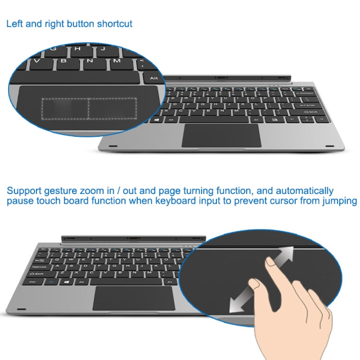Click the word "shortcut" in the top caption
pyautogui.click(x=114, y=24)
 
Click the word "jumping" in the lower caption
pyautogui.click(x=337, y=201)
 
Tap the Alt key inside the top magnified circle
pyautogui.click(x=154, y=78)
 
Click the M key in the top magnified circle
pyautogui.click(x=117, y=61)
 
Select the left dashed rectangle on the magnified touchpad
pyautogui.click(x=65, y=109)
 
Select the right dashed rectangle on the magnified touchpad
pyautogui.click(x=112, y=109)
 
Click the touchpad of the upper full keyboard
pyautogui.click(x=221, y=135)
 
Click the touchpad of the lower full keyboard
pyautogui.click(x=134, y=299)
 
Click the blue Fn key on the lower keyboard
pyautogui.click(x=51, y=282)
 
